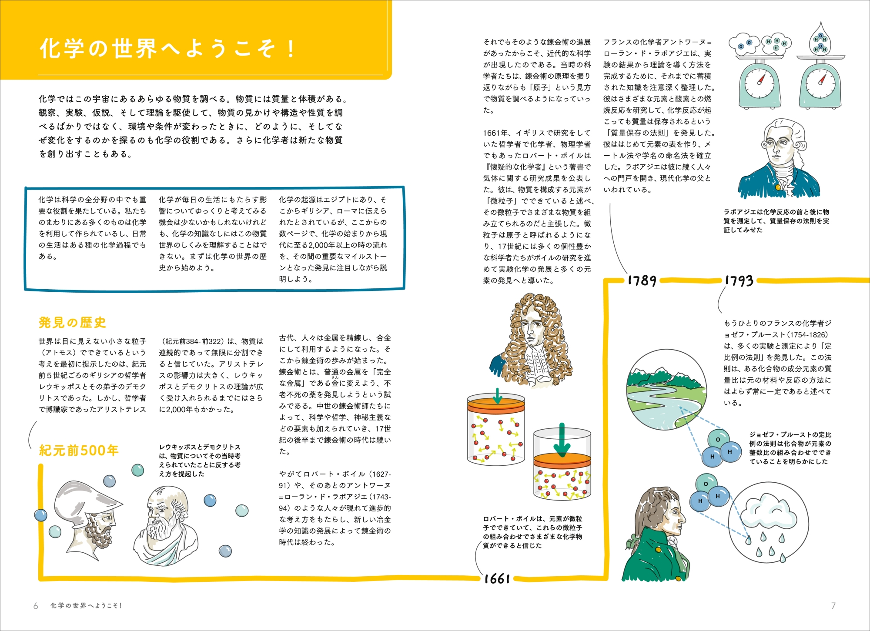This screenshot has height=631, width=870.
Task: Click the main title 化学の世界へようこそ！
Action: tap(167, 48)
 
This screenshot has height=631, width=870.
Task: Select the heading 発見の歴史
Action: tap(72, 322)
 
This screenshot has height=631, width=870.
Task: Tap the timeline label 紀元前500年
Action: tap(79, 450)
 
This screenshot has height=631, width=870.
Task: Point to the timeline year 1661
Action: tap(497, 578)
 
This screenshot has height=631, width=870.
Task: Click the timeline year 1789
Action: tap(642, 280)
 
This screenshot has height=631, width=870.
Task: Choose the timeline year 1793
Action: tap(739, 280)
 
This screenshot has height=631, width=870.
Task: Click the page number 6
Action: tap(36, 606)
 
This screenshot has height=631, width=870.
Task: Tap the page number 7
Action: tap(833, 605)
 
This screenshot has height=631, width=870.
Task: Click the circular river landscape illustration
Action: tap(667, 391)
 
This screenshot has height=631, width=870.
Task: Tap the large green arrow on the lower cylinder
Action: tap(562, 439)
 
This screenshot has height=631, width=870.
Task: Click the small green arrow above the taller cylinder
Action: tap(498, 395)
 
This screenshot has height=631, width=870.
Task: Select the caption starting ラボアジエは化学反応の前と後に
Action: tap(776, 221)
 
